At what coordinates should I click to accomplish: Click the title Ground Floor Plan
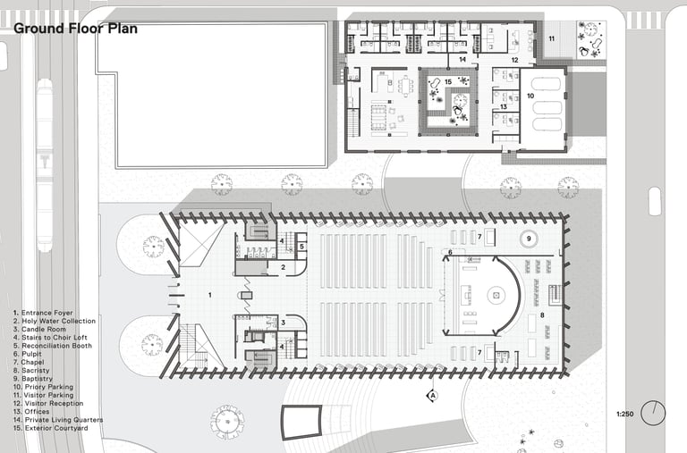[x=75, y=29]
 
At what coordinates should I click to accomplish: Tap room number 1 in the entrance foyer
[x=210, y=296]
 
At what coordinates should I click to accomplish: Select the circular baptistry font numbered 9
[x=529, y=239]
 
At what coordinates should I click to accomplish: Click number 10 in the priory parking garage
[x=530, y=96]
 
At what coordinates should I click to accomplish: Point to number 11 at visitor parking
[x=552, y=38]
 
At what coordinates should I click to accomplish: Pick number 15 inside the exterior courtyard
[x=448, y=82]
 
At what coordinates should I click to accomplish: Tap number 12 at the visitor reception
[x=515, y=60]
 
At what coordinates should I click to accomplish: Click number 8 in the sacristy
[x=542, y=315]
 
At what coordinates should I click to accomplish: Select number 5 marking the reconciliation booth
[x=301, y=247]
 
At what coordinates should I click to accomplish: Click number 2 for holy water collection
[x=283, y=267]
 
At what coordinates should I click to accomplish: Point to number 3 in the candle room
[x=283, y=323]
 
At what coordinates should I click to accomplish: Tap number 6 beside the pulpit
[x=450, y=253]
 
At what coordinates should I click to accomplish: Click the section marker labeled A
[x=432, y=396]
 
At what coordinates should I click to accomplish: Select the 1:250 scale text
[x=624, y=414]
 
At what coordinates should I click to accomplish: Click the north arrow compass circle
[x=653, y=413]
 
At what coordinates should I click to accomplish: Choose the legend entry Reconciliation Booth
[x=53, y=346]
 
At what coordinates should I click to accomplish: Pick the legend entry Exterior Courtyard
[x=50, y=428]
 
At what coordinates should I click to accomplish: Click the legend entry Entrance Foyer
[x=43, y=313]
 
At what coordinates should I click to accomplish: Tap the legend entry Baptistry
[x=33, y=379]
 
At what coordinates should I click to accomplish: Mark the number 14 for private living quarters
[x=462, y=59]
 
